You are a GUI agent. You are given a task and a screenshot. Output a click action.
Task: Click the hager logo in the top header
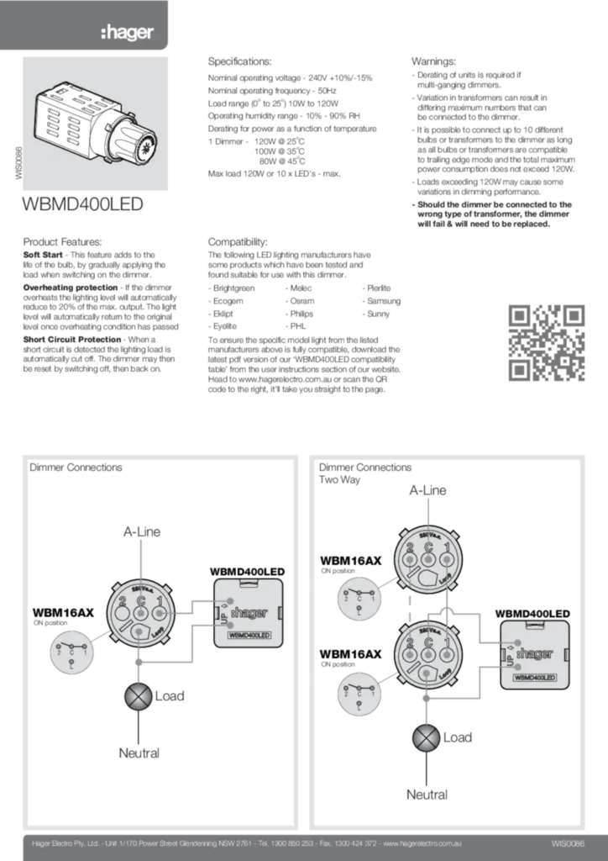(127, 33)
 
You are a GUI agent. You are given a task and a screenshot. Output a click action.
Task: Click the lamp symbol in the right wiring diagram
(427, 737)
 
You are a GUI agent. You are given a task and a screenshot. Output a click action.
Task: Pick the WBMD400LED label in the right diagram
(534, 676)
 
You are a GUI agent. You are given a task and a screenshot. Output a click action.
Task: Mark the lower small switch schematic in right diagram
(358, 694)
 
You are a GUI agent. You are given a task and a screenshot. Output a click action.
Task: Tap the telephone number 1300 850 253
(294, 843)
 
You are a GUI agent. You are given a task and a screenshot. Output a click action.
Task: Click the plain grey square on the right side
(547, 342)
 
